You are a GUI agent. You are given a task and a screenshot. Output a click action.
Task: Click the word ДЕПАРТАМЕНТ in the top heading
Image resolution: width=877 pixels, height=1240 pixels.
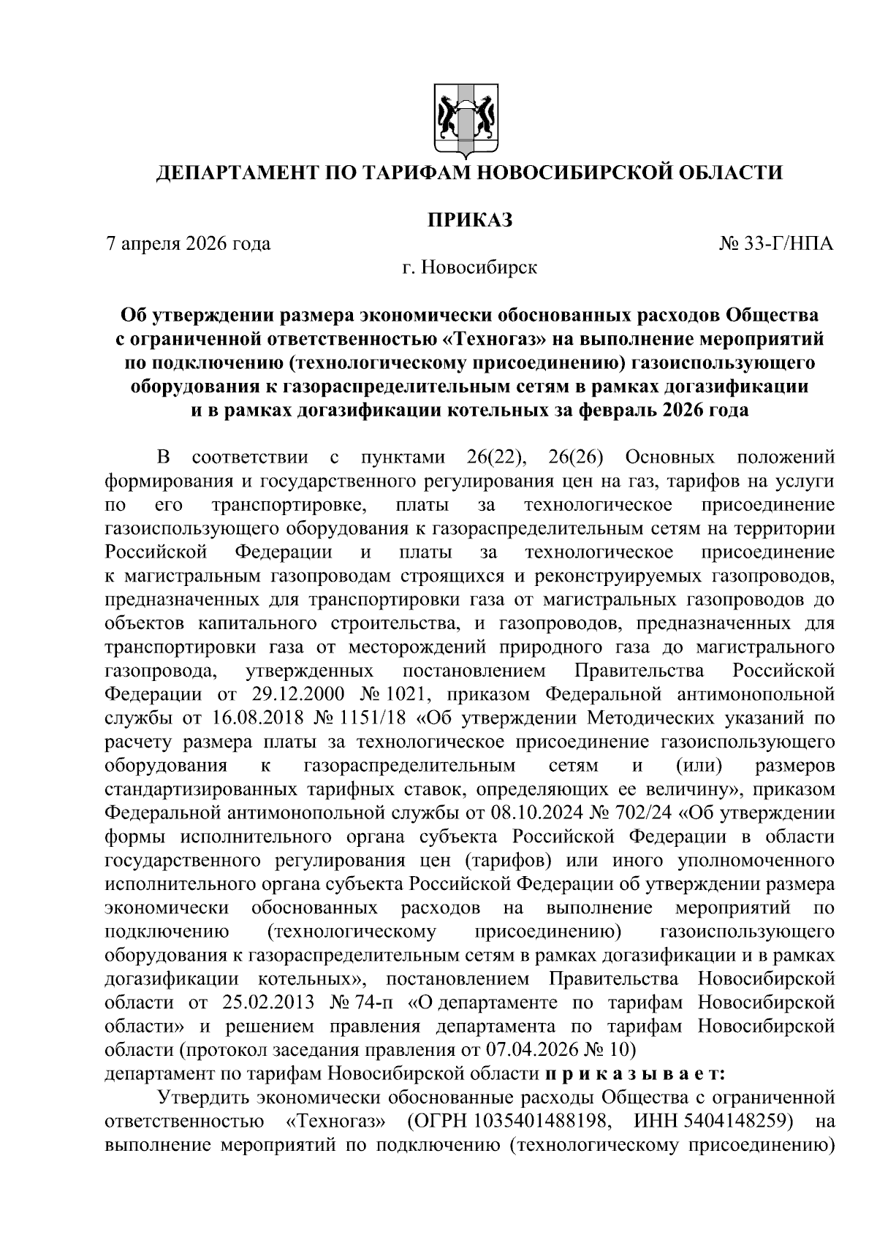click(x=247, y=173)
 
